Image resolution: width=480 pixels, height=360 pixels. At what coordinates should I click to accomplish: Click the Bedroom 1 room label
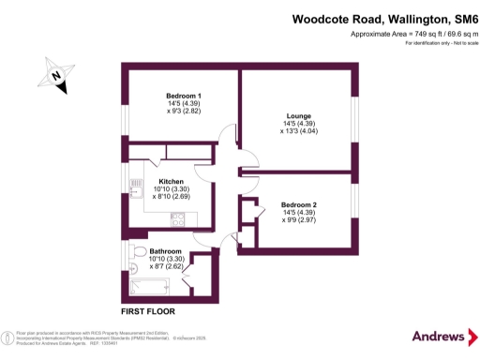point(184,97)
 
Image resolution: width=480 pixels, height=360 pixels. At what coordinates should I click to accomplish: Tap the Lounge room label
point(298,117)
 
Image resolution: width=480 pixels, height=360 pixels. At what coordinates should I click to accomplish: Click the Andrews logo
point(438,336)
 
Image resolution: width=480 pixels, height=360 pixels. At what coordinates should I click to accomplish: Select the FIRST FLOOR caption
point(148,311)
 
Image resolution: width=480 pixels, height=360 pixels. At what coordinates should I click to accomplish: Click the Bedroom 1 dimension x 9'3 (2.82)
point(184,112)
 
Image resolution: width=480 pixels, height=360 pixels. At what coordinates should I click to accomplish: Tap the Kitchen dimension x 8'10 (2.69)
point(171,198)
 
